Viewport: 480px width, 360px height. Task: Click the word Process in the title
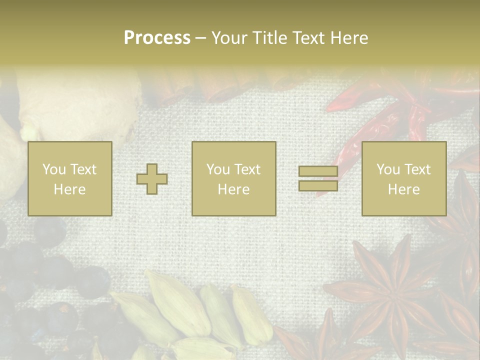pyautogui.click(x=157, y=38)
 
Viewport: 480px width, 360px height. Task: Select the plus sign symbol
pyautogui.click(x=152, y=178)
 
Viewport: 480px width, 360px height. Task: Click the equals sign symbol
pyautogui.click(x=318, y=178)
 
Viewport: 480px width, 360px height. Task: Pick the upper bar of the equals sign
pyautogui.click(x=318, y=171)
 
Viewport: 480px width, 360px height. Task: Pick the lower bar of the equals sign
pyautogui.click(x=318, y=185)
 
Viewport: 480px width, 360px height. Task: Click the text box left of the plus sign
pyautogui.click(x=70, y=178)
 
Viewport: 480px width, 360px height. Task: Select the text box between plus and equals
pyautogui.click(x=234, y=178)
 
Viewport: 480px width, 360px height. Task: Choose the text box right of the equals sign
pyautogui.click(x=404, y=178)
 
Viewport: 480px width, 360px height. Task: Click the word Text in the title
pyautogui.click(x=308, y=38)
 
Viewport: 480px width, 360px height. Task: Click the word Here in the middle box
pyautogui.click(x=234, y=189)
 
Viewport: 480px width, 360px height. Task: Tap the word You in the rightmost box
pyautogui.click(x=388, y=169)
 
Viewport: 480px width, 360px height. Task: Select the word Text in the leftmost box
pyautogui.click(x=83, y=169)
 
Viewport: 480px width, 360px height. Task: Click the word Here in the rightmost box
pyautogui.click(x=404, y=189)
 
